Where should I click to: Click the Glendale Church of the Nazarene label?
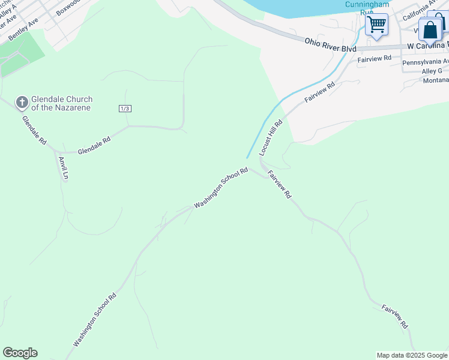tap(62, 103)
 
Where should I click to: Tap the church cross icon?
tap(22, 103)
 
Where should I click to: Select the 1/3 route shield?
tap(124, 108)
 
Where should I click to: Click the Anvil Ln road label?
tap(62, 169)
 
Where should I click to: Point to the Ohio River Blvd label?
tap(331, 44)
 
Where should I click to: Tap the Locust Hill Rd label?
tap(271, 138)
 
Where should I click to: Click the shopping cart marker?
tap(376, 25)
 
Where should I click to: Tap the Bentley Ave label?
tap(23, 29)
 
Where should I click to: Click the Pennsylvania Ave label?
tap(425, 62)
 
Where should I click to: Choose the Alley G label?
tap(432, 71)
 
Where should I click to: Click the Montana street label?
tap(435, 80)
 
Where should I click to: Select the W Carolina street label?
tap(427, 46)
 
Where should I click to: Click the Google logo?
tap(20, 353)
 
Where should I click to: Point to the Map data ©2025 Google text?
tap(411, 355)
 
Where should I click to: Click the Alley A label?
tap(7, 12)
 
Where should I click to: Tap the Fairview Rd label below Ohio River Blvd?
tap(374, 58)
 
